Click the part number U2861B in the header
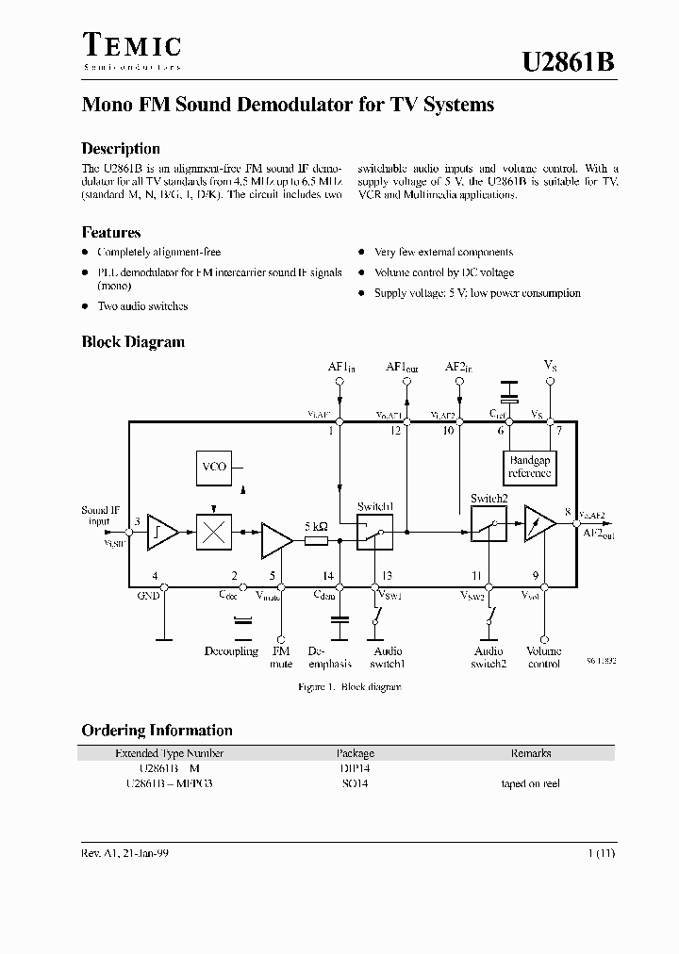569,62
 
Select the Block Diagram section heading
133,342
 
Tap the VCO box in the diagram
214,467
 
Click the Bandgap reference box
529,467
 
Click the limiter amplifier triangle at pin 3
162,534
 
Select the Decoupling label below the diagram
231,651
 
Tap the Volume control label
543,657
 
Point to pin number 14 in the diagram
327,575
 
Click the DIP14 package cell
355,768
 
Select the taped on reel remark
531,783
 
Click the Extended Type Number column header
169,753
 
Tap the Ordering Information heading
157,730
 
